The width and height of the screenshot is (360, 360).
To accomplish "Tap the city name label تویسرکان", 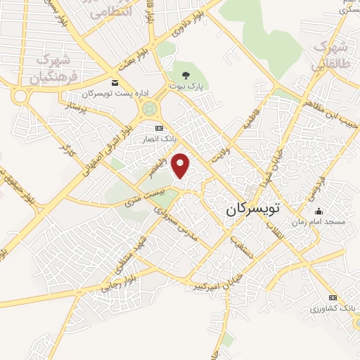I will [254, 209].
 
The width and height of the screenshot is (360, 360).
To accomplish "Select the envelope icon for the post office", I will [114, 82].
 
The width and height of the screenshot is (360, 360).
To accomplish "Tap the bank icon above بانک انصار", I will [159, 128].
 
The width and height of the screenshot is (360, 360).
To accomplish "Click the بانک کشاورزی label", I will [333, 309].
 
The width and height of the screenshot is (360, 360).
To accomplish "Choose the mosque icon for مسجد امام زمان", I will [319, 211].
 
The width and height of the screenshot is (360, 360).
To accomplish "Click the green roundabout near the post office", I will [149, 110].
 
